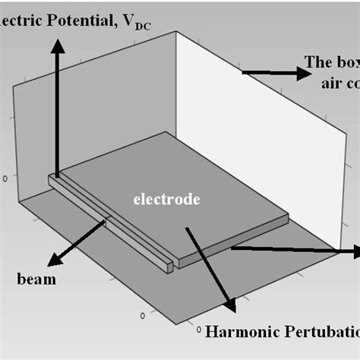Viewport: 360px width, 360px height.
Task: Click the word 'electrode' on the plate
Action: (166, 201)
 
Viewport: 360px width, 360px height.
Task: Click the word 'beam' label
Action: (36, 279)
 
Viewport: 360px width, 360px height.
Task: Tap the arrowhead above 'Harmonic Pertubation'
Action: (231, 305)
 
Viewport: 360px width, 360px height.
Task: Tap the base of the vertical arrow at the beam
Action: (57, 176)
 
